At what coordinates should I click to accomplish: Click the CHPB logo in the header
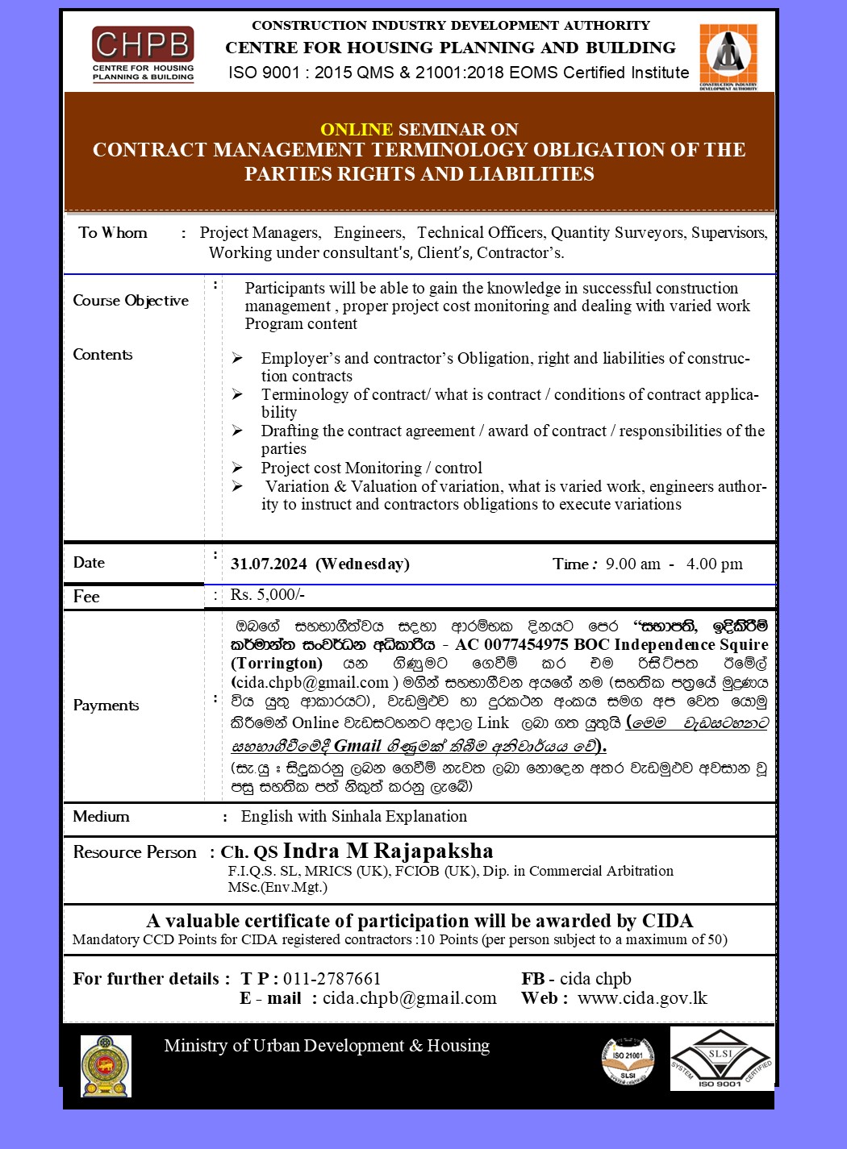pyautogui.click(x=143, y=53)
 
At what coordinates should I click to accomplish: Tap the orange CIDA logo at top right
pyautogui.click(x=728, y=56)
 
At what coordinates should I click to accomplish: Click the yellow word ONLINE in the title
pyautogui.click(x=356, y=129)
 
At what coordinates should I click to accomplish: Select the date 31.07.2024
pyautogui.click(x=269, y=564)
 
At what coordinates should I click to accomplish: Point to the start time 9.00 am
pyautogui.click(x=632, y=564)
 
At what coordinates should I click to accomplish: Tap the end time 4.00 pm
pyautogui.click(x=714, y=564)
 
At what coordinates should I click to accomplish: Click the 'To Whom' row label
pyautogui.click(x=113, y=233)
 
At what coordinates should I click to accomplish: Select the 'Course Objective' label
pyautogui.click(x=131, y=301)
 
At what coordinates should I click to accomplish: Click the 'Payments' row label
pyautogui.click(x=106, y=706)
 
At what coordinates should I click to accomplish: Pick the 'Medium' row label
pyautogui.click(x=101, y=817)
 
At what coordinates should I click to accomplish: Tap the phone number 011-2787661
pyautogui.click(x=332, y=979)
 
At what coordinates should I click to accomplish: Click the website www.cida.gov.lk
pyautogui.click(x=642, y=998)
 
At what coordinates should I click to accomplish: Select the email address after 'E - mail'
pyautogui.click(x=410, y=998)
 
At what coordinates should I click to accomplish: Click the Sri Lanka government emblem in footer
pyautogui.click(x=106, y=1066)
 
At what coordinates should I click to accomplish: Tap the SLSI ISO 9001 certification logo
pyautogui.click(x=721, y=1059)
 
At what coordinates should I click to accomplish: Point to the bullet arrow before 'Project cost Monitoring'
pyautogui.click(x=237, y=468)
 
